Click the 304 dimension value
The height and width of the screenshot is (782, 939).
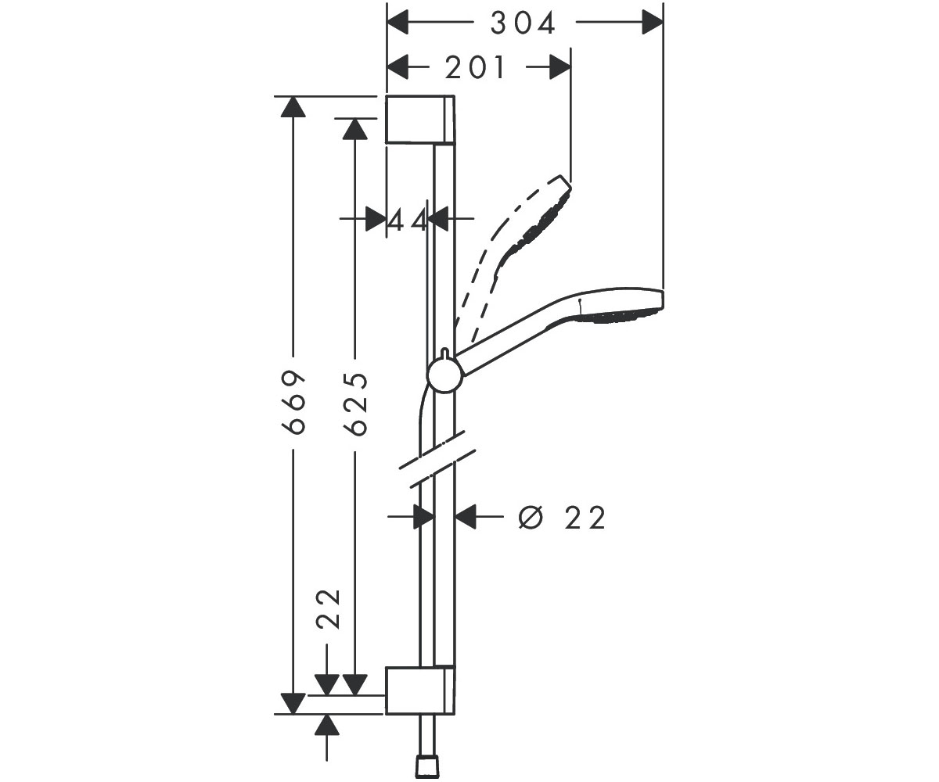coord(523,23)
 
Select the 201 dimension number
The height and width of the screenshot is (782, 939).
coord(475,68)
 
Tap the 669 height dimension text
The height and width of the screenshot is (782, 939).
coord(294,402)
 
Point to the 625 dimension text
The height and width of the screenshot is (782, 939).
coord(356,404)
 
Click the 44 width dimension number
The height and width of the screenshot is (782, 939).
coord(407,220)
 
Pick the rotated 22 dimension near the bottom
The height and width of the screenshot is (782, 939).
coord(329,609)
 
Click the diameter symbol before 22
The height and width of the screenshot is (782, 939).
coord(531,517)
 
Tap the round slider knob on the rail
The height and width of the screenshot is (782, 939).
coord(444,375)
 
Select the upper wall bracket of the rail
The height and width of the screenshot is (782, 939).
coord(420,120)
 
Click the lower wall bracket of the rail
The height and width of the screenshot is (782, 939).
coord(420,690)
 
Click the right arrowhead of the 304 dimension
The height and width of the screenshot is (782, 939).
coord(652,22)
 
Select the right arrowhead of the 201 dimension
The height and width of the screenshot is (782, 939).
coord(560,68)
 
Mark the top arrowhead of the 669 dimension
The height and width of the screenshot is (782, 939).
coord(293,107)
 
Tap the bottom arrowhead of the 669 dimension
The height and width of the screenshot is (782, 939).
coord(293,704)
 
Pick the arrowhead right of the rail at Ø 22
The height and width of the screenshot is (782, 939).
coord(466,516)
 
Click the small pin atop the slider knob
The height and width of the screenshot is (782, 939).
coord(445,353)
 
